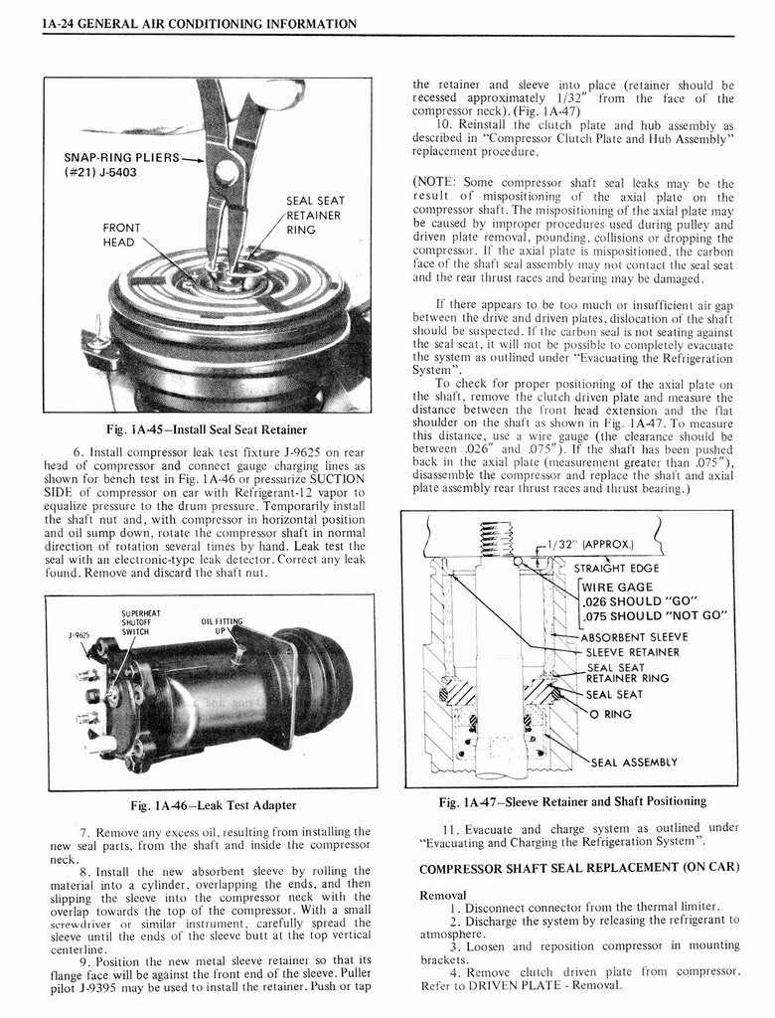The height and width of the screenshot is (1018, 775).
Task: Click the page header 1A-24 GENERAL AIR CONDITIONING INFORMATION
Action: tap(200, 22)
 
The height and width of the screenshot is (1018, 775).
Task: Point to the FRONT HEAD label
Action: tap(121, 236)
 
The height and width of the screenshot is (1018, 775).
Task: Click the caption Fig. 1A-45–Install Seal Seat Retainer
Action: tap(207, 429)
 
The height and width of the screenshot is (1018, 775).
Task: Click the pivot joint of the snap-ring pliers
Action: tap(228, 171)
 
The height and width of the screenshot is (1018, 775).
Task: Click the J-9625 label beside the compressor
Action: tap(79, 635)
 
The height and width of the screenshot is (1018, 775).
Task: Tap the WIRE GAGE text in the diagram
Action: tap(617, 587)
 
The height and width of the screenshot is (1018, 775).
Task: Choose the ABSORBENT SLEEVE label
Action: tap(634, 637)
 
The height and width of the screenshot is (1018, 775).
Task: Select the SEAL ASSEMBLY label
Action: tap(634, 763)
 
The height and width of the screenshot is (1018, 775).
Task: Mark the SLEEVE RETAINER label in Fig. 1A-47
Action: tap(632, 652)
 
